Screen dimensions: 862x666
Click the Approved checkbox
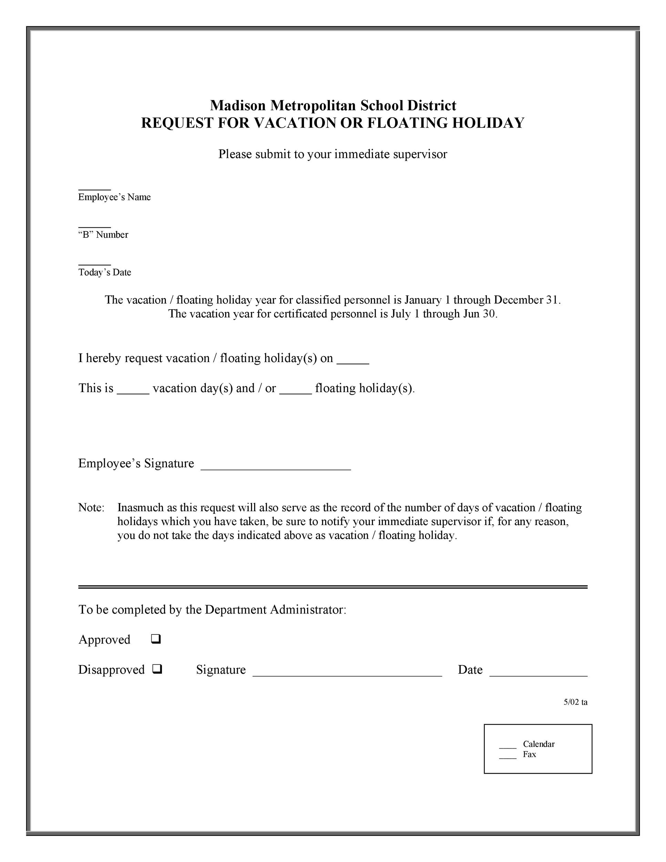pos(155,639)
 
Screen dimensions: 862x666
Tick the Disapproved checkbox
pos(157,669)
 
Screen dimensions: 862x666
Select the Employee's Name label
pos(114,197)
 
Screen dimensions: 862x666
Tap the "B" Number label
pos(103,235)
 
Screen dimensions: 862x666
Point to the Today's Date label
pos(104,272)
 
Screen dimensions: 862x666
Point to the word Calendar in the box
pos(538,744)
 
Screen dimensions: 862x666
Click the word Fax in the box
pos(529,754)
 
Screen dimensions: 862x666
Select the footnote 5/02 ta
pos(575,702)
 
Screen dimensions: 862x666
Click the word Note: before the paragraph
pos(91,508)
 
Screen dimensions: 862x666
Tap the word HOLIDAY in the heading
pos(488,123)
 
